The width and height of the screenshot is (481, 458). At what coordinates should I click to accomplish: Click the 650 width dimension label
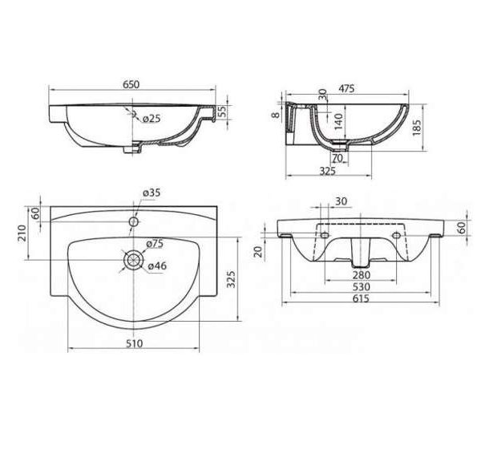click(131, 84)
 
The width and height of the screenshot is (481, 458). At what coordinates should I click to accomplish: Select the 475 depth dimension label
click(346, 89)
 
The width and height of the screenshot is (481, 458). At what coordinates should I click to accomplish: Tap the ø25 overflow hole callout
click(152, 118)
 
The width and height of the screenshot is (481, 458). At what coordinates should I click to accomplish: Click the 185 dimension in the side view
click(417, 128)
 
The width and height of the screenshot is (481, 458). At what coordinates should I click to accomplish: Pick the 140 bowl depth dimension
click(338, 121)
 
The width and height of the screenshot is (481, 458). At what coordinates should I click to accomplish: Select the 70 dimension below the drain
click(338, 158)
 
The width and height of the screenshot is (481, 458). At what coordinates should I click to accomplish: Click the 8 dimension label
click(277, 115)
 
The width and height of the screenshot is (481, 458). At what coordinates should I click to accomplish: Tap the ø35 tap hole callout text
click(152, 193)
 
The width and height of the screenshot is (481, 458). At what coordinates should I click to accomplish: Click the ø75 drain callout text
click(155, 244)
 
